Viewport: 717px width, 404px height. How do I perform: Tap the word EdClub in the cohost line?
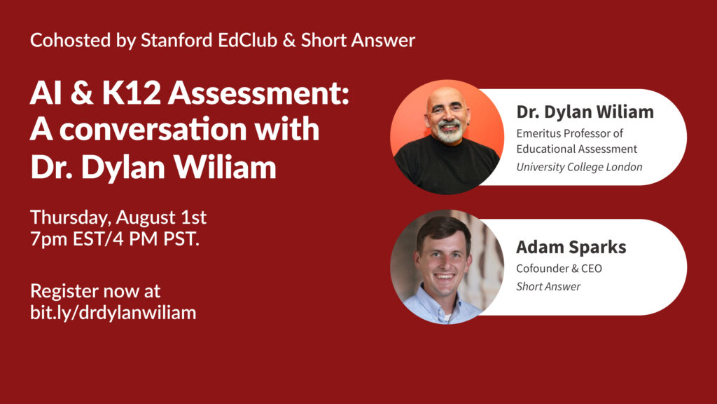click(247, 40)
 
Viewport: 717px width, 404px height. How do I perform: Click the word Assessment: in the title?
click(258, 93)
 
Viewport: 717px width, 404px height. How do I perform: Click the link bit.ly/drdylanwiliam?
click(113, 313)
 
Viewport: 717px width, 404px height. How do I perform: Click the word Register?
click(64, 292)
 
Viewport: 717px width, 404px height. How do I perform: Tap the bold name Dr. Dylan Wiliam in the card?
click(585, 112)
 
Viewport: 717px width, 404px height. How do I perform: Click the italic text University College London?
click(579, 167)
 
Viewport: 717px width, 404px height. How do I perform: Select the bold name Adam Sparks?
click(571, 248)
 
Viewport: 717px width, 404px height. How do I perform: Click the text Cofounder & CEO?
click(559, 269)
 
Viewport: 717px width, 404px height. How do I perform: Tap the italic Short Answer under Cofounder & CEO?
click(548, 287)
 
